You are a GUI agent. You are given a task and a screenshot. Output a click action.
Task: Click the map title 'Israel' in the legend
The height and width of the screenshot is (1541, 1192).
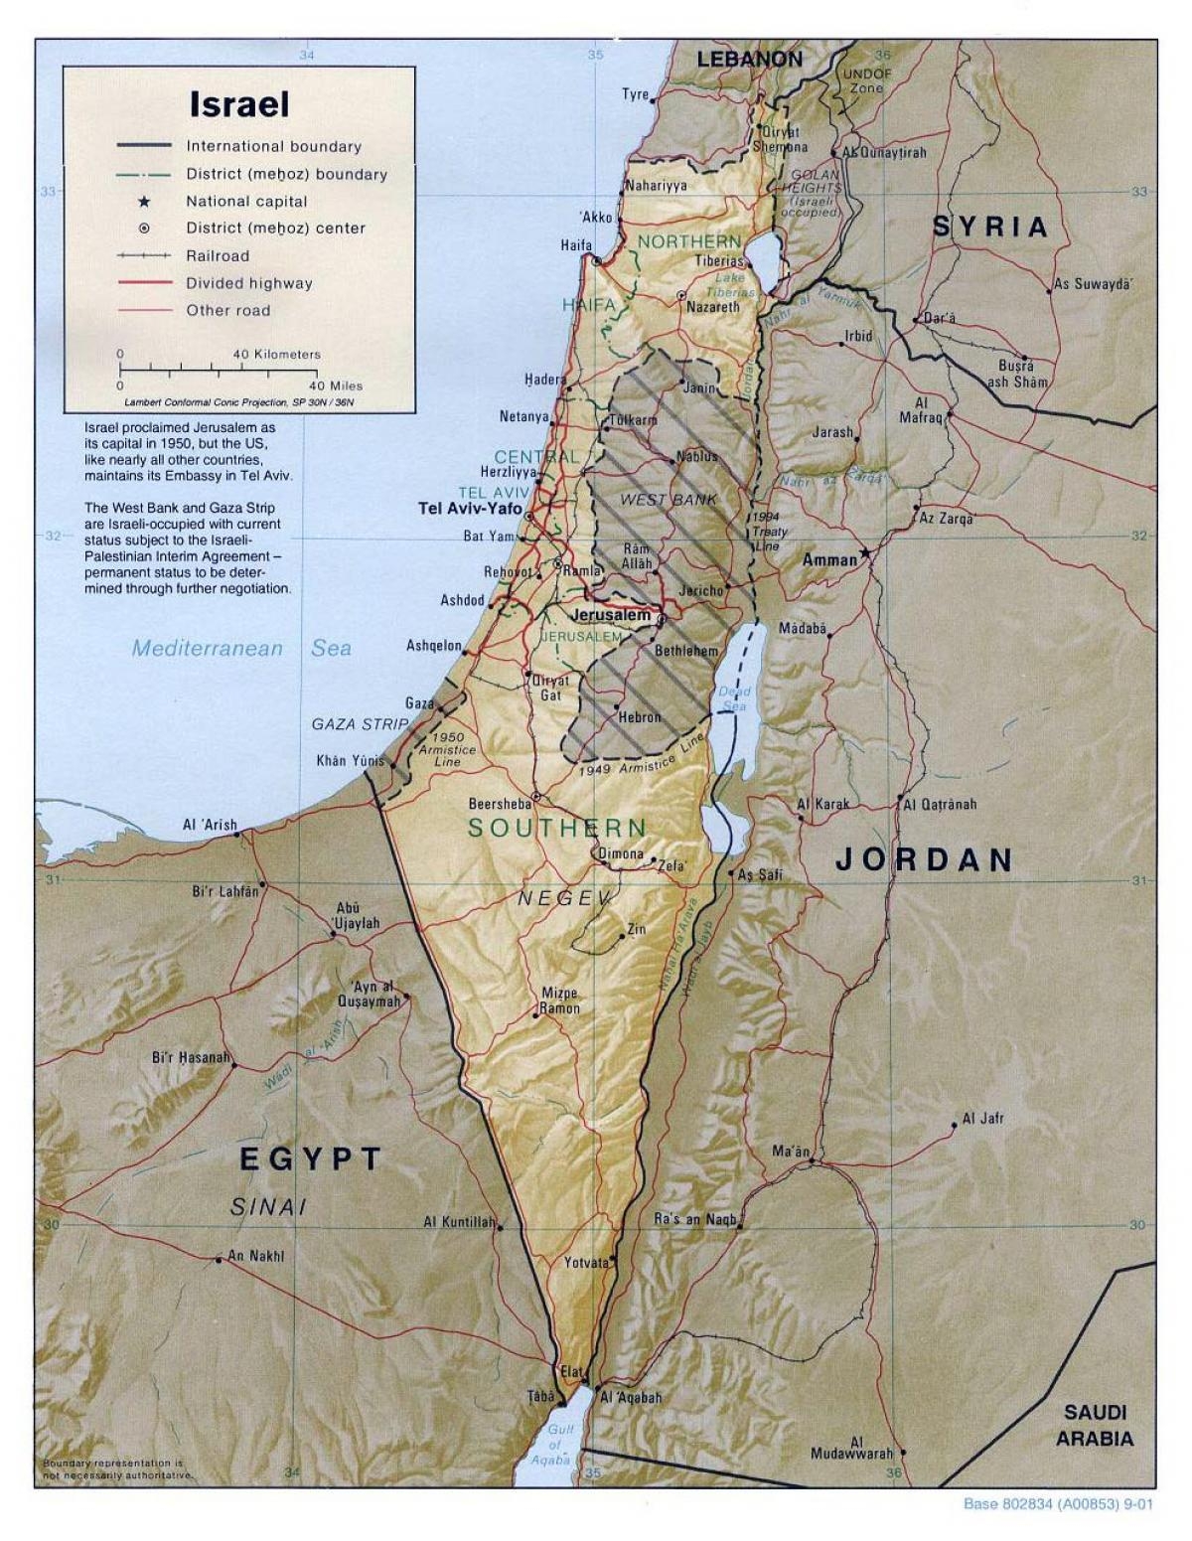coord(239,104)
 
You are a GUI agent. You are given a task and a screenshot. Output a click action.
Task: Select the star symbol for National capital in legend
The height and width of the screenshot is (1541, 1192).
coord(144,202)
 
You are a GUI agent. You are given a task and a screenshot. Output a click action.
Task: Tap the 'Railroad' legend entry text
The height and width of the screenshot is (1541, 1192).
coord(218,255)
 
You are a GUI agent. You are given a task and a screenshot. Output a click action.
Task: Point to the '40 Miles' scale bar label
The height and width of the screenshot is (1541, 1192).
coord(336,385)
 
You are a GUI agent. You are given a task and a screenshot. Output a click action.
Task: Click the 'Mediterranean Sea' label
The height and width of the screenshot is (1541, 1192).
coord(241,649)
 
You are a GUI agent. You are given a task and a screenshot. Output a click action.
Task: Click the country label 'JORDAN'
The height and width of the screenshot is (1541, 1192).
coord(924,859)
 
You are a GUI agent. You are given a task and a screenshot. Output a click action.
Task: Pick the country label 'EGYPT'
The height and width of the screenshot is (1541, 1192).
coord(310,1157)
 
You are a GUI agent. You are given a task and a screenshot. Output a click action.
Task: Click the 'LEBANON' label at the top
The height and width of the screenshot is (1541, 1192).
coord(749,60)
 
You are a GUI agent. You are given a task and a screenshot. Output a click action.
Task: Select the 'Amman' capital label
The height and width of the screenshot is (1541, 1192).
coord(829,560)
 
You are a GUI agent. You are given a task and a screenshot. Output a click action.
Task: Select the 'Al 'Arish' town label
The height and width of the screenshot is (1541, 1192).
coord(210,825)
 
